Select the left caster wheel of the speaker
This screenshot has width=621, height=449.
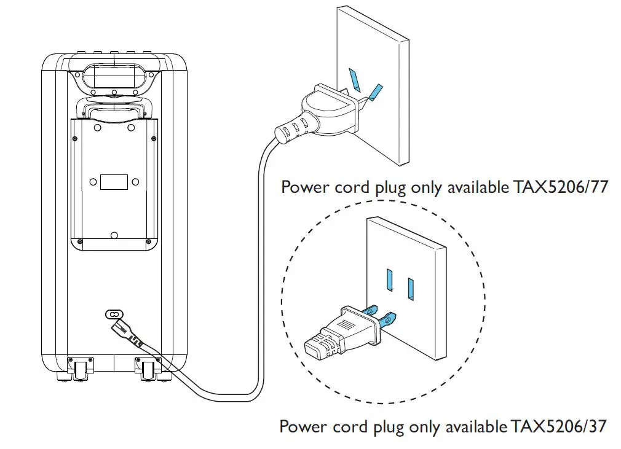(x=80, y=370)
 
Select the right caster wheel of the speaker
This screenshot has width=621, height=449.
(x=148, y=370)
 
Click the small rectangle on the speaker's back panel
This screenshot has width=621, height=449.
(x=114, y=182)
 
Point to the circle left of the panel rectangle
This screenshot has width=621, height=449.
(x=93, y=182)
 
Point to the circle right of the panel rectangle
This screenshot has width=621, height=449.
(x=135, y=182)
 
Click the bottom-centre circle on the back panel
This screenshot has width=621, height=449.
(x=114, y=235)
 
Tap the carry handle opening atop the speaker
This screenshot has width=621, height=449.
(x=114, y=77)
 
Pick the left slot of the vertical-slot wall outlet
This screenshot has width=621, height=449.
(x=389, y=279)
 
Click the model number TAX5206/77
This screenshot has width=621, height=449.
(x=560, y=187)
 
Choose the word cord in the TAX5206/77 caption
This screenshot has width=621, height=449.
(x=352, y=187)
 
